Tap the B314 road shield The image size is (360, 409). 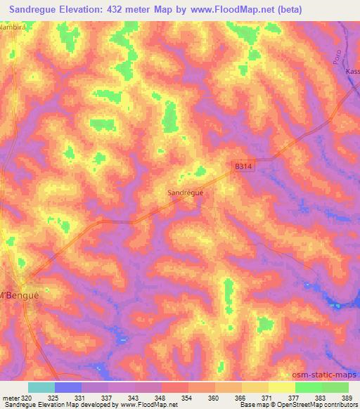click(243, 167)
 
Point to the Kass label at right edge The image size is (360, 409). click(352, 72)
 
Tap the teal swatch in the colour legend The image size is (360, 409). click(41, 387)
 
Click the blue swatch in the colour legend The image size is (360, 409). click(68, 387)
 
